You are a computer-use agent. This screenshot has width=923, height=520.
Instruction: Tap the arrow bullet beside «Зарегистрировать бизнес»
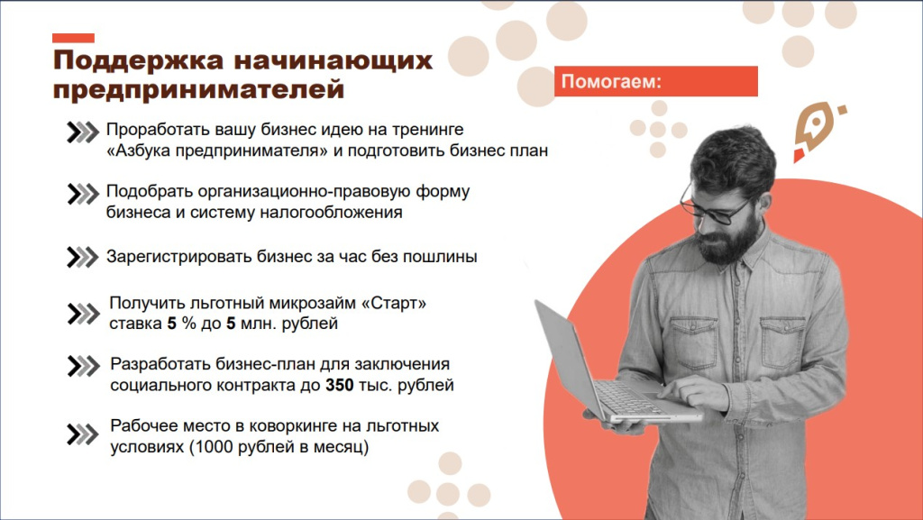point(82,257)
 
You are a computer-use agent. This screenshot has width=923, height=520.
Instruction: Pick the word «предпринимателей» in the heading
point(198,91)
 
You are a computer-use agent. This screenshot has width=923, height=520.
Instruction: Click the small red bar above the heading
point(73,38)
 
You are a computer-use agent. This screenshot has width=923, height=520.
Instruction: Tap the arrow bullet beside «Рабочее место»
point(82,435)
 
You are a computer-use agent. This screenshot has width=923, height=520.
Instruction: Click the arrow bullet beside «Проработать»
point(82,132)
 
